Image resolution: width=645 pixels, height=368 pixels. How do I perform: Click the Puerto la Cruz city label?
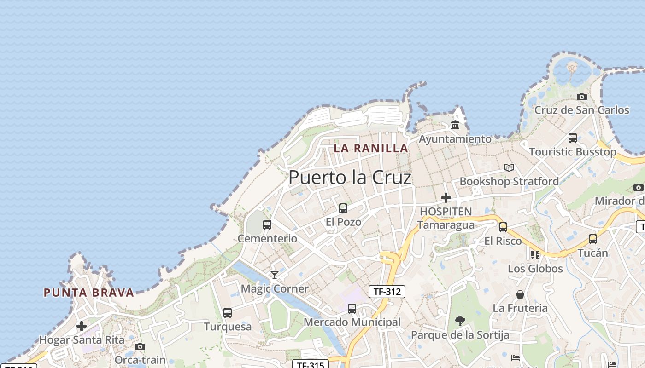(350, 178)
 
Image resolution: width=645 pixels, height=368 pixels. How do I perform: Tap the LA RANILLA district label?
(371, 148)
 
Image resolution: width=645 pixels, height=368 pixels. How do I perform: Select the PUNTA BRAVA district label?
(89, 293)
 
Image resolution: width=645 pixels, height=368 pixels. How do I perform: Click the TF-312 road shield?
(387, 291)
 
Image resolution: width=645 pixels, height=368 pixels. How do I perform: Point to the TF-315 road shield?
(310, 365)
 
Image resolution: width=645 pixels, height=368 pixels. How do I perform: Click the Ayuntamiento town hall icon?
(455, 125)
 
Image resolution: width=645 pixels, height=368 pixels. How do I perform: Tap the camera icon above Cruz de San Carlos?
(582, 97)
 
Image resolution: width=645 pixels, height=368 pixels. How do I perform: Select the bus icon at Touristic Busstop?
(573, 138)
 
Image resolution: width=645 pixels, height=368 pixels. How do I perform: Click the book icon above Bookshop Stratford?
(509, 167)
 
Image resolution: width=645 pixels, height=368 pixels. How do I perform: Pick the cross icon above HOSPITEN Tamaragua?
(446, 198)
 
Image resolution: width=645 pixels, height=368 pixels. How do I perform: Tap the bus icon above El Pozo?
(343, 208)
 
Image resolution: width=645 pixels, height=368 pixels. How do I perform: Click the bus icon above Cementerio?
(267, 225)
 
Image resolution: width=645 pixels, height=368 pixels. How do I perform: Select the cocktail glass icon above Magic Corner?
(275, 275)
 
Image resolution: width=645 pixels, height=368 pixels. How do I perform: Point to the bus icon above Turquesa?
(228, 313)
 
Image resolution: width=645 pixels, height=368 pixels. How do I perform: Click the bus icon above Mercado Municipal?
(352, 309)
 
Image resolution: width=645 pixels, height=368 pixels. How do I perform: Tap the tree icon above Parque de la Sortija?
(460, 321)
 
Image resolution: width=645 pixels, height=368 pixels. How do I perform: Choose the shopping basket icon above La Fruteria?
(520, 294)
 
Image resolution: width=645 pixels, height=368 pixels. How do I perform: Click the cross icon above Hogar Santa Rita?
(82, 326)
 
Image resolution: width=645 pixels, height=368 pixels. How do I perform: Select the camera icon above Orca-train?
(140, 346)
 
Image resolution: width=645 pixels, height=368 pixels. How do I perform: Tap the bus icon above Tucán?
(593, 239)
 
